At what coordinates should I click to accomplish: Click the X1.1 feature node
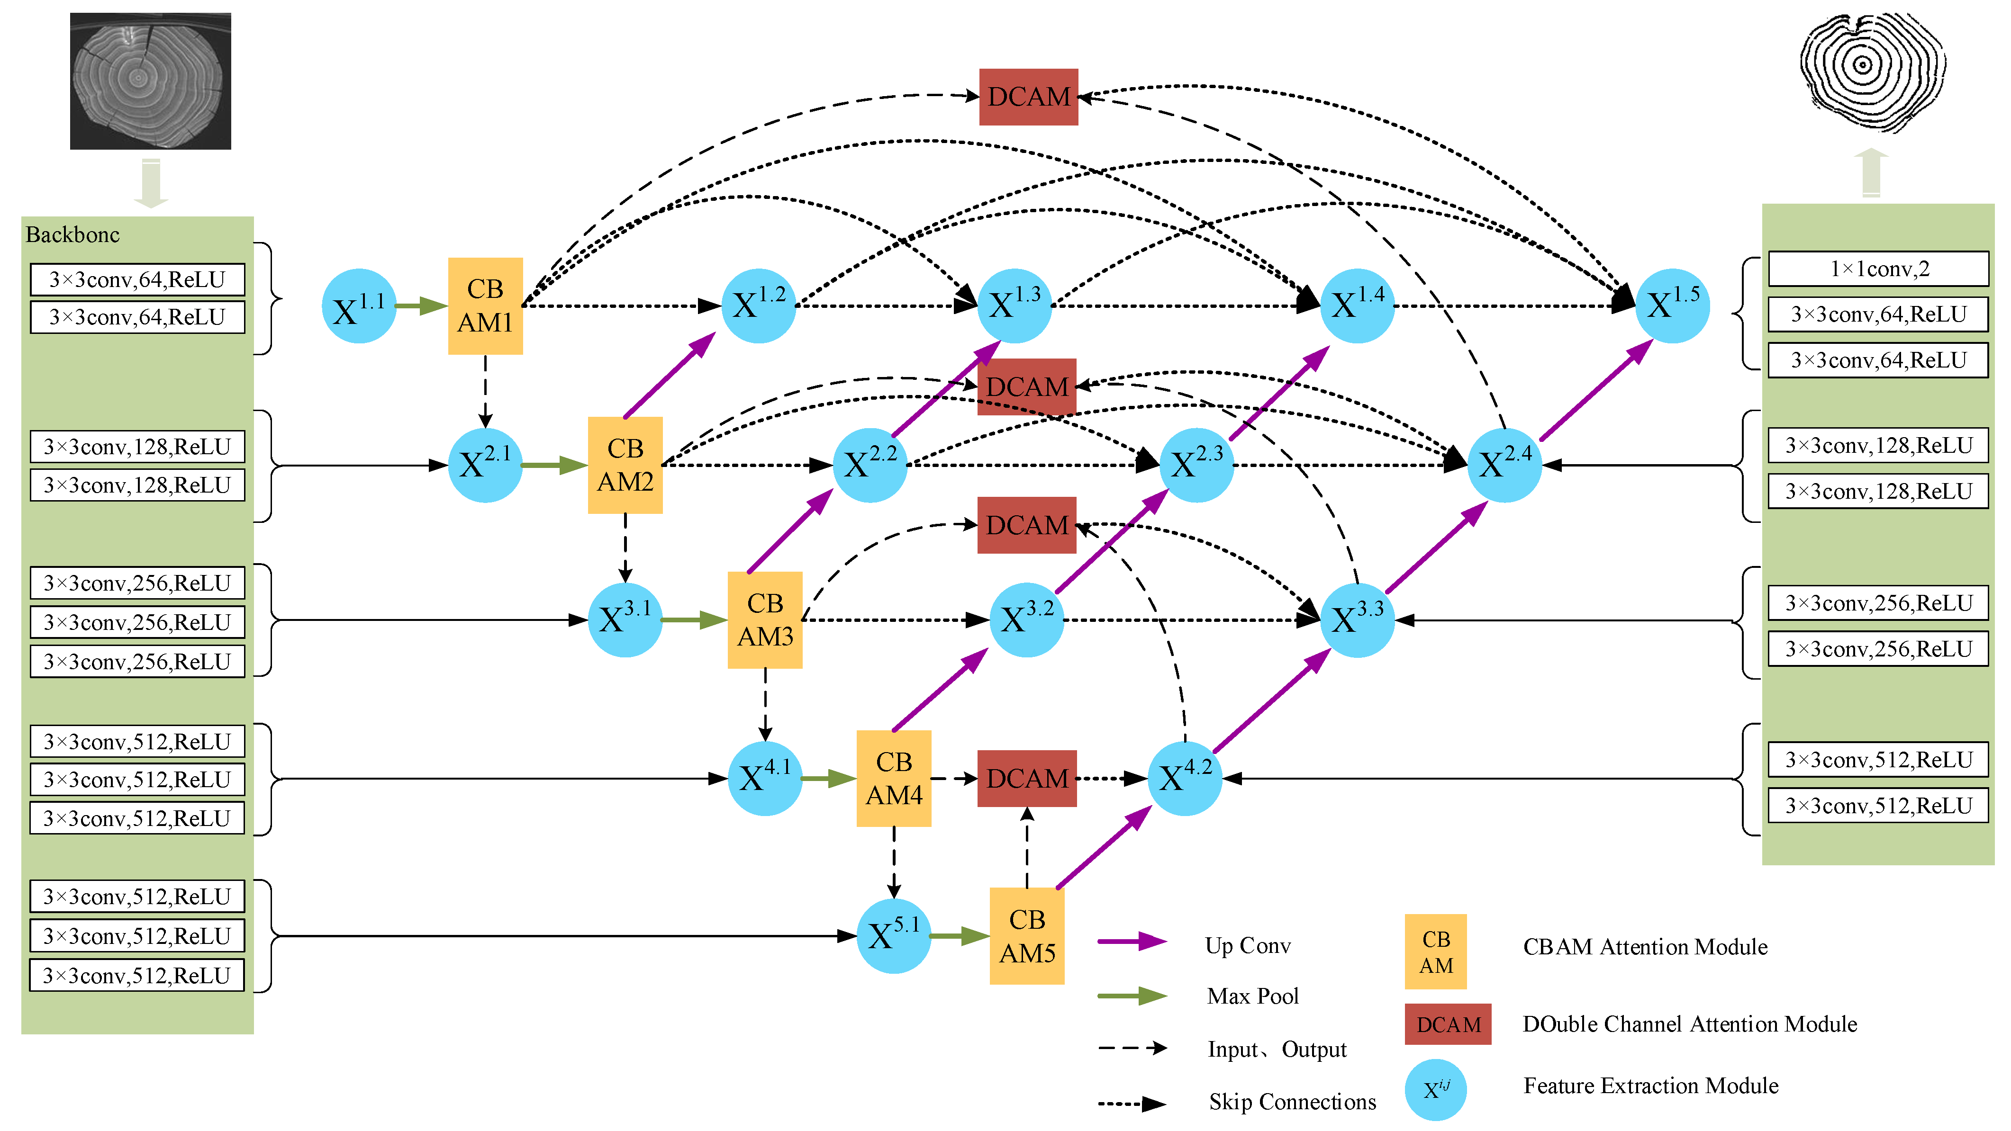358,306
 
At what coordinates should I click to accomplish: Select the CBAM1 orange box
485,306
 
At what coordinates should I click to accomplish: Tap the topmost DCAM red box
1028,97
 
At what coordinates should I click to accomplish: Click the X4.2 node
1184,778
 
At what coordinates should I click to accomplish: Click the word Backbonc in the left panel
72,235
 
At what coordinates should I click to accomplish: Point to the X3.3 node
1357,620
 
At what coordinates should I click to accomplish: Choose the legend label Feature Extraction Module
1650,1086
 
